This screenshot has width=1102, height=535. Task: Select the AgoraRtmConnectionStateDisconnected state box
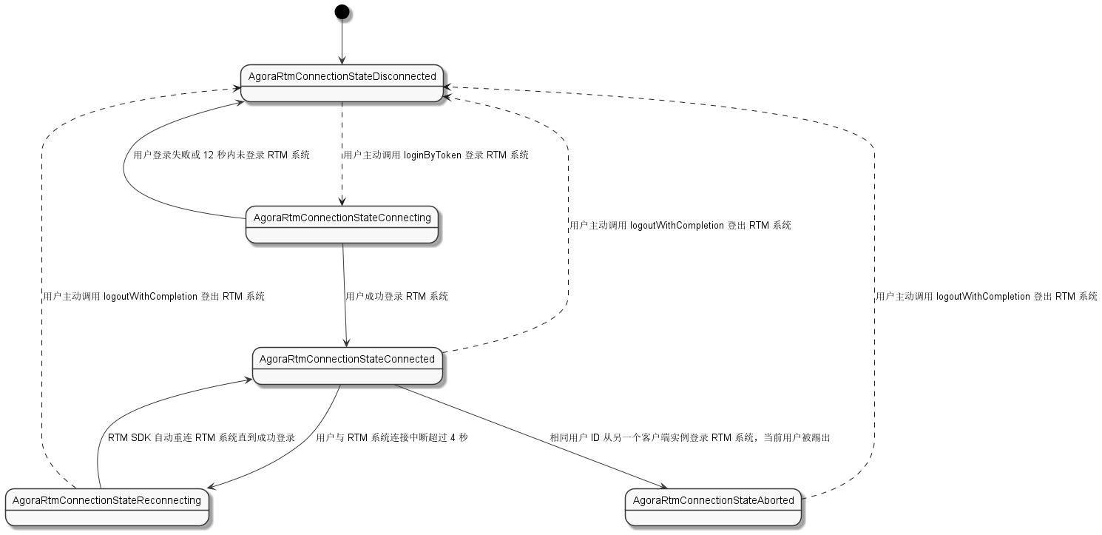[342, 83]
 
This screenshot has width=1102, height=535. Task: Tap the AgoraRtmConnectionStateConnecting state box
[342, 225]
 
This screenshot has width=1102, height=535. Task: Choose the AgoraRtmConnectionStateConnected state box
[347, 366]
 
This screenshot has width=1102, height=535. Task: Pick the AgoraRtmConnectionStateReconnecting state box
[107, 507]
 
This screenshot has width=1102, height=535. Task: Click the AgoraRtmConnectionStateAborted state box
[713, 507]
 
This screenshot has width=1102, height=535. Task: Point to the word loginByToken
[432, 155]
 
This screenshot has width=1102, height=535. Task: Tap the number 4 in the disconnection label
[453, 437]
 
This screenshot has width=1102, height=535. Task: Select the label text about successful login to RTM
[396, 296]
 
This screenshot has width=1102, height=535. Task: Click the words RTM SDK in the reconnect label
[129, 437]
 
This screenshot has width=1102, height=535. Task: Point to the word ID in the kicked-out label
[595, 437]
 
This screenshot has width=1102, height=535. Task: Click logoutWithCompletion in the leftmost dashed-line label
[150, 296]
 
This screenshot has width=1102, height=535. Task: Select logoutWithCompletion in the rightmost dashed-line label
[983, 296]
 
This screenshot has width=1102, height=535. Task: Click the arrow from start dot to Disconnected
[342, 41]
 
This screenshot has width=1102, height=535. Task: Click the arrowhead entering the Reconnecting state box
[211, 485]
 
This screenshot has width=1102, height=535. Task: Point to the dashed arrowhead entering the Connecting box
[342, 202]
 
